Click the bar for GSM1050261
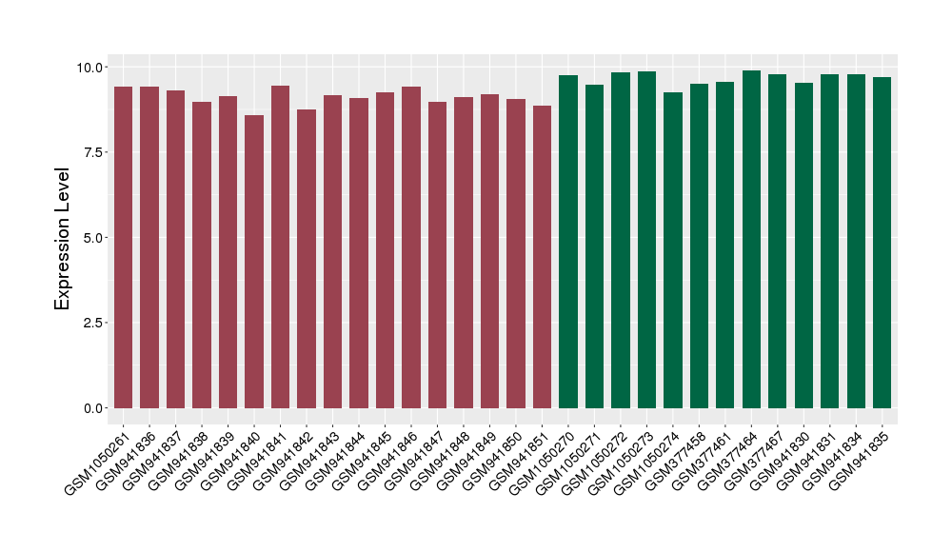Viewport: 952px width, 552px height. pos(123,247)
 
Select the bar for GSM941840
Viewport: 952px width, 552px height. pos(254,262)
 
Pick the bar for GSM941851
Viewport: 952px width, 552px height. pos(542,257)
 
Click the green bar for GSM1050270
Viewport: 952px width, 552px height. pos(568,242)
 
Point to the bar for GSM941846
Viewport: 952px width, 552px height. pos(411,247)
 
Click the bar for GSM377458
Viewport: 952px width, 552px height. pos(699,246)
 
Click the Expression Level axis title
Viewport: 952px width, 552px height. pos(63,238)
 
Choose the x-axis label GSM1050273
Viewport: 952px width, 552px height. pos(621,462)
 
